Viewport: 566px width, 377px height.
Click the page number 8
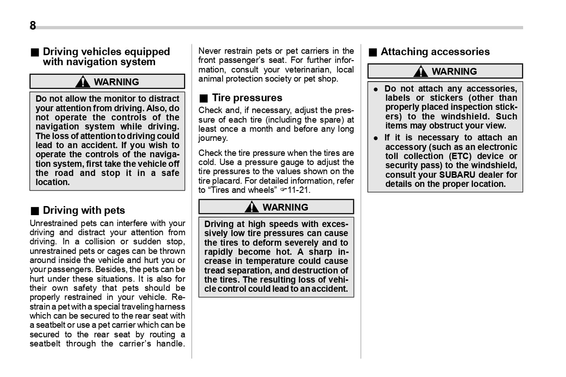click(x=33, y=26)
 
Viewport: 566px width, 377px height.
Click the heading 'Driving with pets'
click(x=83, y=211)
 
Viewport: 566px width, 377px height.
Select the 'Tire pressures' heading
click(x=247, y=98)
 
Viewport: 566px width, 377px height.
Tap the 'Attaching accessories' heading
click(x=435, y=52)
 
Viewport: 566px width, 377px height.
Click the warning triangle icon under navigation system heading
click(x=83, y=82)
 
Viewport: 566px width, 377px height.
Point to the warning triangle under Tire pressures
click(x=251, y=207)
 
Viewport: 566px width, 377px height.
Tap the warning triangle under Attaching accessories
click(x=421, y=72)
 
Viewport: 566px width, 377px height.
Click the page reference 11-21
click(x=301, y=190)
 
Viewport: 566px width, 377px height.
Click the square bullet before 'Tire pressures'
click(x=203, y=98)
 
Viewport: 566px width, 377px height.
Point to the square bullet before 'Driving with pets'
click(x=34, y=211)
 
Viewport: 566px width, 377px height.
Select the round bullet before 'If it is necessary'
click(x=376, y=138)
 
